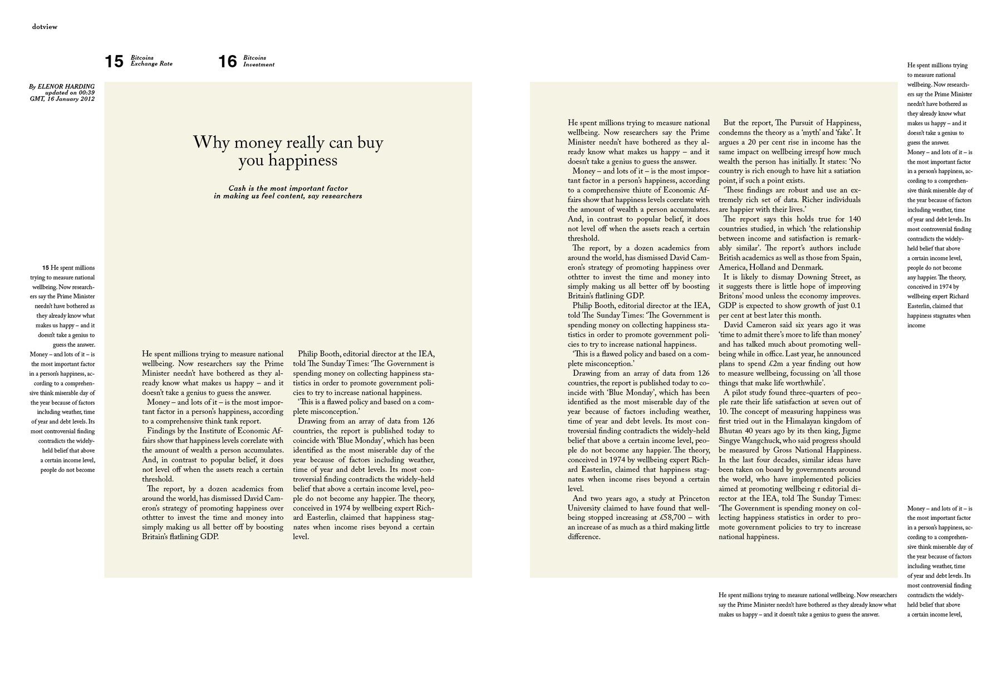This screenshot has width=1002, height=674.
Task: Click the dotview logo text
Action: [x=45, y=27]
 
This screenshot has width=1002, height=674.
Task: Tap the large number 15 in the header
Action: [x=114, y=61]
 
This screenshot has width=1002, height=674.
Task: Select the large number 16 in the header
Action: [x=228, y=61]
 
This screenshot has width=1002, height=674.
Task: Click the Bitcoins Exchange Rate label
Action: [x=151, y=61]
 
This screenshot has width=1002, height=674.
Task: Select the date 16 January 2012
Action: [x=71, y=99]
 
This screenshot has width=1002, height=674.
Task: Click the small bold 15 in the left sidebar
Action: [x=46, y=268]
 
